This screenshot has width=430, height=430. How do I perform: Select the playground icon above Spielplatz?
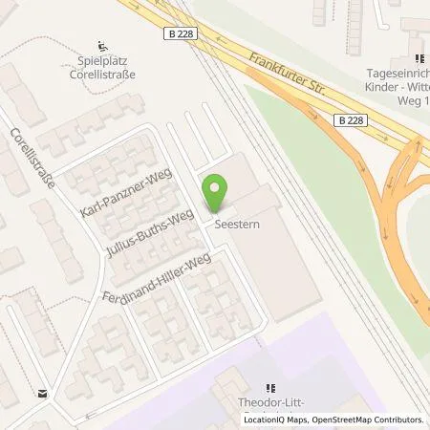[x=104, y=44]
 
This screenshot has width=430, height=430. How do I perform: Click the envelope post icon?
[x=42, y=392]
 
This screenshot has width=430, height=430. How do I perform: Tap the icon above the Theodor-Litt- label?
[x=272, y=388]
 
